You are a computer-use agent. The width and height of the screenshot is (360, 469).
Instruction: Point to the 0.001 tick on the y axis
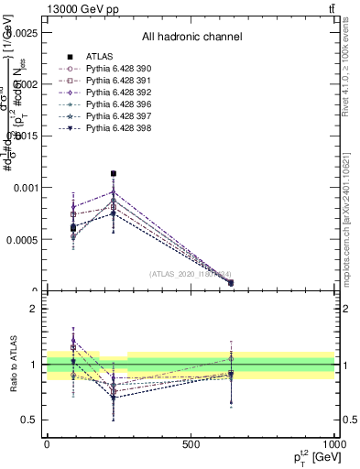tap(28, 188)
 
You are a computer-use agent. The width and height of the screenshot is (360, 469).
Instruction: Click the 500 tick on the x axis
tap(191, 443)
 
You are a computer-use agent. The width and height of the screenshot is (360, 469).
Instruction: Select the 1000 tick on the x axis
tap(333, 443)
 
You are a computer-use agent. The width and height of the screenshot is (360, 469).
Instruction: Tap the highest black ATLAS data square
tap(114, 173)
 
